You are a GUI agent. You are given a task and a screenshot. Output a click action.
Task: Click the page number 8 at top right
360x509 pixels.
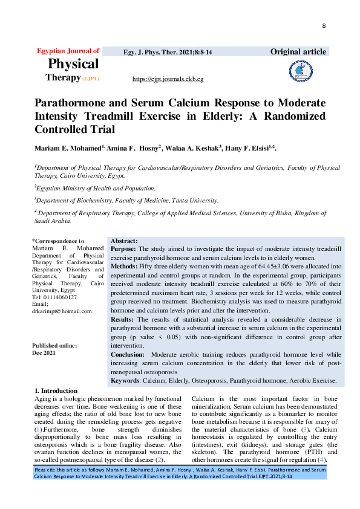coord(324,26)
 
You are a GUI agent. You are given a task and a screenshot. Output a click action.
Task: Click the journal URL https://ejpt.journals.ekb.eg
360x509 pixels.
coord(168,79)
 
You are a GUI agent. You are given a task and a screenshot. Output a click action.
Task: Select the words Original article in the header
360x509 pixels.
coord(298,52)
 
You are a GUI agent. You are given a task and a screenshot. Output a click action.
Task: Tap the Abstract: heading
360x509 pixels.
coord(124,241)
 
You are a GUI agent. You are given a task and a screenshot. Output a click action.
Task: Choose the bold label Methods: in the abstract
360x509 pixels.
coord(124,266)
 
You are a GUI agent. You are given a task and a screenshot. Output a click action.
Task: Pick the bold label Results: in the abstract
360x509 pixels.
coord(123,318)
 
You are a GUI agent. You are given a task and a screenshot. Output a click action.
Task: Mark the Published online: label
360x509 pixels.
coord(54,345)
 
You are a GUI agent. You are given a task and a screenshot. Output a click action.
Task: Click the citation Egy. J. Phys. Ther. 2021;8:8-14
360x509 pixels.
coord(168,53)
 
